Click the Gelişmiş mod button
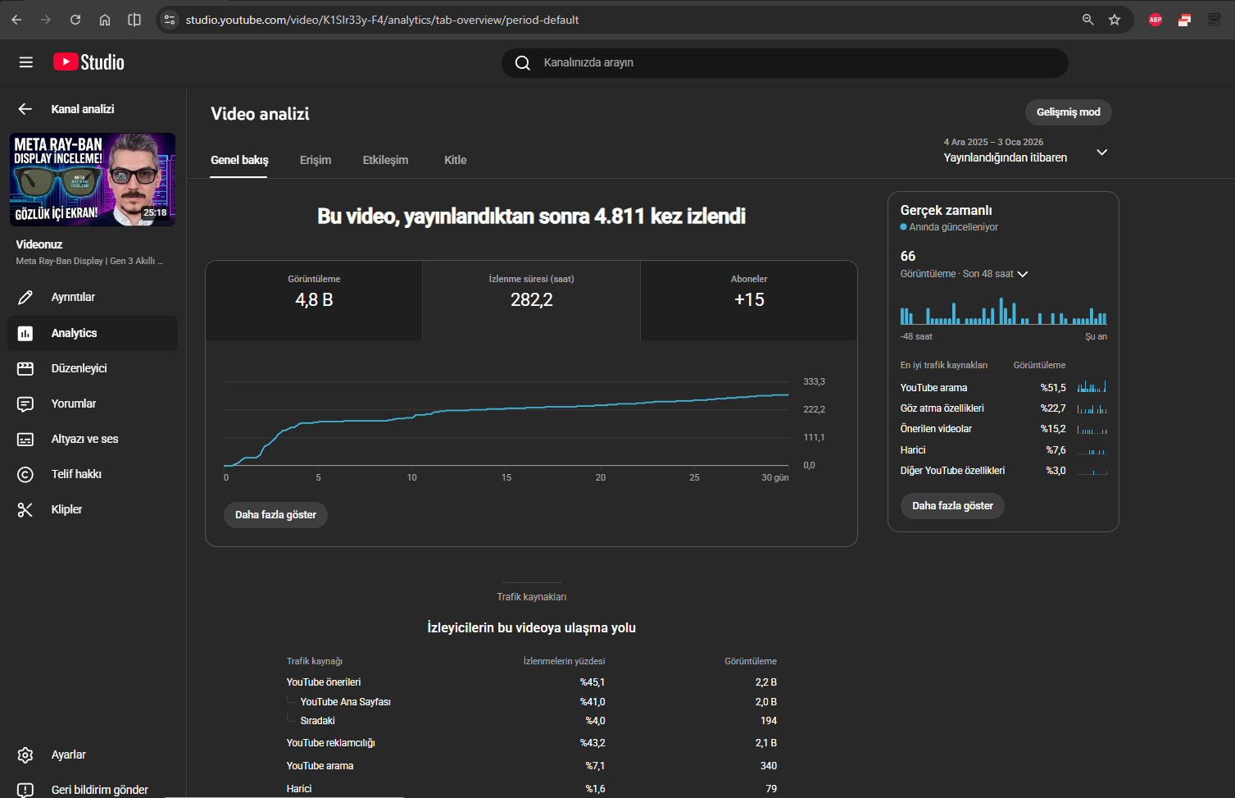tap(1068, 112)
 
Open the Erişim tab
tap(316, 160)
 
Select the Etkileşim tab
tap(385, 160)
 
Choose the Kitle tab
tap(456, 160)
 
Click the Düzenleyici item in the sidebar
tap(79, 368)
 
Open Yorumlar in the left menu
tap(73, 404)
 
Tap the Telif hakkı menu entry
tap(76, 474)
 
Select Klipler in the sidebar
tap(66, 509)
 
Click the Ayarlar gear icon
tap(25, 755)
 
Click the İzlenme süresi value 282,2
tap(532, 299)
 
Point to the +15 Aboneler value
tap(749, 299)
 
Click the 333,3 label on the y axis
tap(814, 381)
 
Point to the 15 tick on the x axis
tap(506, 477)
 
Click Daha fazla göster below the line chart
tap(275, 515)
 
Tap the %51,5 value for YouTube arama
tap(1053, 388)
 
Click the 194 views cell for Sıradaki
tap(768, 721)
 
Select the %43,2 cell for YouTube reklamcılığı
tap(593, 743)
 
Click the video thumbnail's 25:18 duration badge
tap(155, 212)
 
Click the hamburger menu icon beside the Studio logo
tap(26, 62)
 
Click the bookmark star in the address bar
tap(1115, 20)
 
